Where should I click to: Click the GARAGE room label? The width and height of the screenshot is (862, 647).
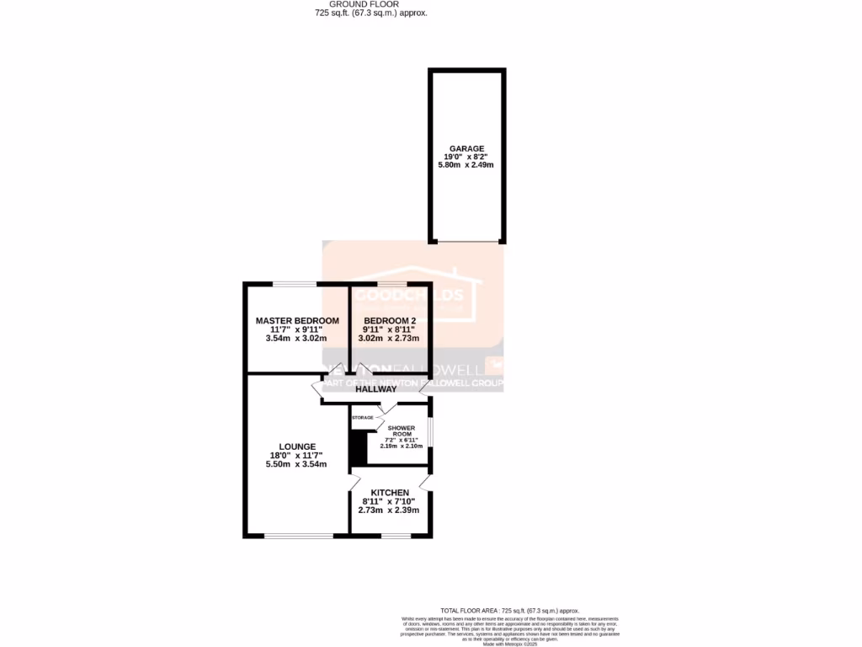(x=466, y=148)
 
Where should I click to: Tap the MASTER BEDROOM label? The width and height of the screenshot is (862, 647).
(x=297, y=321)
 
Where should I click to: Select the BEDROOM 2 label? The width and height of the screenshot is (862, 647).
(x=389, y=321)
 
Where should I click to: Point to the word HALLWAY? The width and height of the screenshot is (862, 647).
(x=375, y=389)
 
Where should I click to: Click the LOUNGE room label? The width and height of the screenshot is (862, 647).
(x=297, y=446)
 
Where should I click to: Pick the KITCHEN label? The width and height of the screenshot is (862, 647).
(x=389, y=493)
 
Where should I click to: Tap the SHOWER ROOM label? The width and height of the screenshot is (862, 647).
(x=402, y=431)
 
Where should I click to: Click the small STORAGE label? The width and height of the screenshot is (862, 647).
(x=363, y=418)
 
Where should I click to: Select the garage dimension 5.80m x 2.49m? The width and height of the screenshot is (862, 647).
(x=466, y=164)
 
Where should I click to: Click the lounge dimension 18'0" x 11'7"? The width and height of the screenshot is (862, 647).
(x=297, y=456)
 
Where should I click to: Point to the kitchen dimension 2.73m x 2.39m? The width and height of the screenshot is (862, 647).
(x=389, y=510)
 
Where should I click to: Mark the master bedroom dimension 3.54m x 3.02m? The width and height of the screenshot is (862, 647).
(x=297, y=338)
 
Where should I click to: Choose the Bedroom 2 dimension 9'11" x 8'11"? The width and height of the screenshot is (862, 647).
(x=389, y=329)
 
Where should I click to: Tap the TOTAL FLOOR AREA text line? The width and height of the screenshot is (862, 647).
(x=510, y=610)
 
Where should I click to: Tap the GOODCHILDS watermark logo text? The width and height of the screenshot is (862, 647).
(x=409, y=296)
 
